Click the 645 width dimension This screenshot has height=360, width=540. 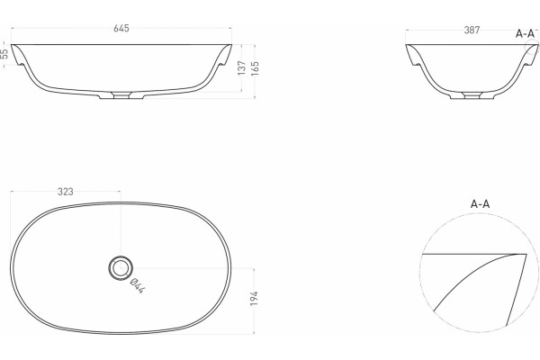tap(121, 28)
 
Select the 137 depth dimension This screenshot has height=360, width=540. tap(242, 67)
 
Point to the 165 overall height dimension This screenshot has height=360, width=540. tap(256, 67)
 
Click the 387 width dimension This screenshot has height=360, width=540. tap(472, 31)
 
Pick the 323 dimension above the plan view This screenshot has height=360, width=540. tap(66, 192)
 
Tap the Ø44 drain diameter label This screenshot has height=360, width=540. tap(137, 285)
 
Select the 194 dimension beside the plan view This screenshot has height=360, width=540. tap(254, 298)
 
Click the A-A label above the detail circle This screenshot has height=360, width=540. tap(480, 204)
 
